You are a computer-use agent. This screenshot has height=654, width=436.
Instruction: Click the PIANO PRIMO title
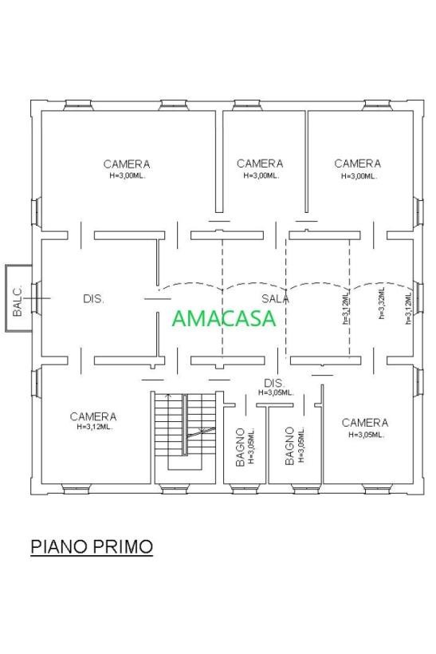(92, 546)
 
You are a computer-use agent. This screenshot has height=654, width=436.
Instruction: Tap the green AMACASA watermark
(224, 318)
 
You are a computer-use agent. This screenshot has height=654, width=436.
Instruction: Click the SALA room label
(275, 298)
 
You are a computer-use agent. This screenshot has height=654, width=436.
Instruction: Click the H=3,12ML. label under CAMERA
(95, 427)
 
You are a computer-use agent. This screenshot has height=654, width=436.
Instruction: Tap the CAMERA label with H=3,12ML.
(93, 416)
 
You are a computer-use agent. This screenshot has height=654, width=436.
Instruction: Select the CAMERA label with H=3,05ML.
(365, 423)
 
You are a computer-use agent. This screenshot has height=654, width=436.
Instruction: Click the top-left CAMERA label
(127, 164)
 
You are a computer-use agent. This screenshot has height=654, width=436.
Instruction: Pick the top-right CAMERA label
(358, 163)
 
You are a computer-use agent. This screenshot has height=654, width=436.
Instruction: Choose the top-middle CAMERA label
(260, 163)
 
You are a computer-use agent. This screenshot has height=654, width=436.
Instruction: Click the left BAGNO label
(240, 447)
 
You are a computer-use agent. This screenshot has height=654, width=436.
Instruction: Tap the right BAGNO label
(289, 446)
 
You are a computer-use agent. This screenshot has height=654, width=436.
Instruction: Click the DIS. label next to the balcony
(93, 298)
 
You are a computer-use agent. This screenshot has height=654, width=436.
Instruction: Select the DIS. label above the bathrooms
(275, 383)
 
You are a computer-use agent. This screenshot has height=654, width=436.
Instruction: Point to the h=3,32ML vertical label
(381, 304)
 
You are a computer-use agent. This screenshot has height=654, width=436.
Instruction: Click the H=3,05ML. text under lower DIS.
(276, 392)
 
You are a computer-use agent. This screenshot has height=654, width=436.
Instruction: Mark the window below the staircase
(175, 489)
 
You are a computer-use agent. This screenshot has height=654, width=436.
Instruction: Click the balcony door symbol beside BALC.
(37, 298)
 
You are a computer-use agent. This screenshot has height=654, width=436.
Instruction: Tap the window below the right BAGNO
(304, 489)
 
